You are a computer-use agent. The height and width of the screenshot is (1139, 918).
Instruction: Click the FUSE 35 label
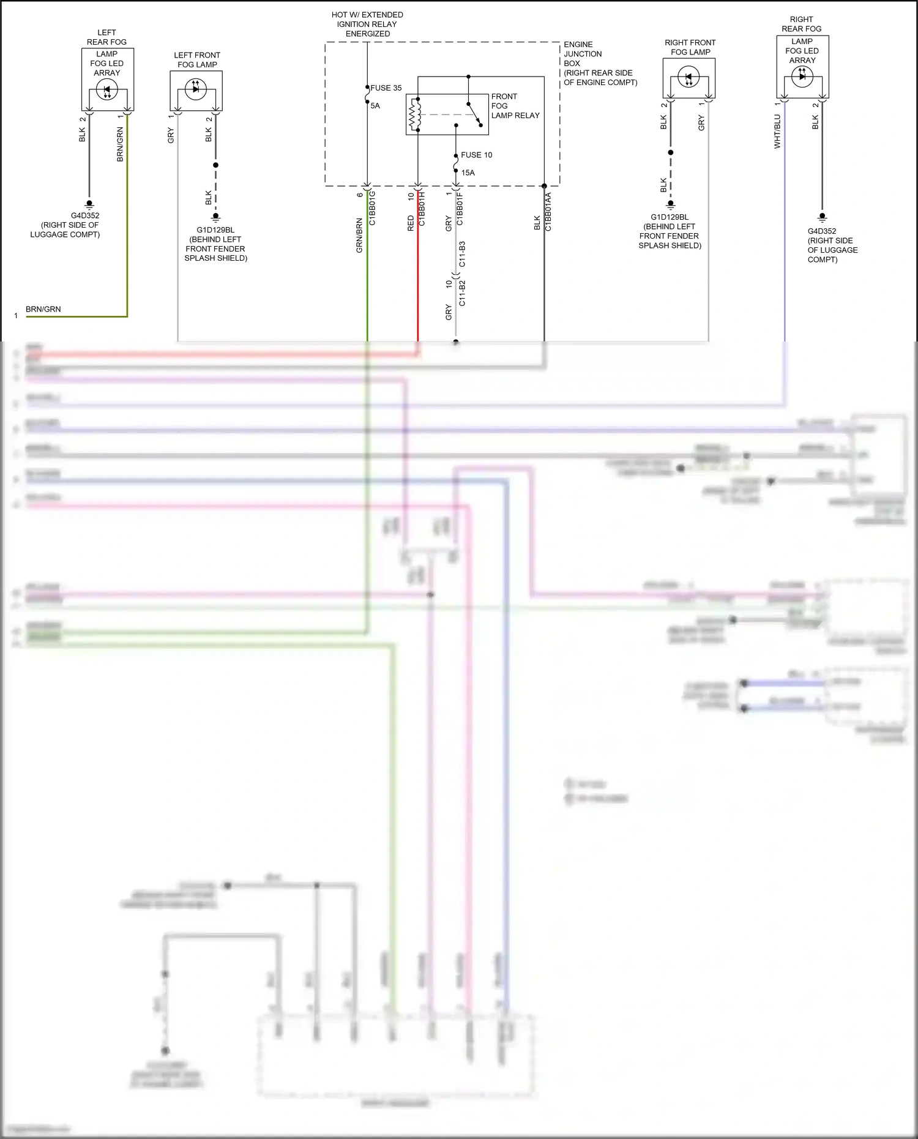pyautogui.click(x=386, y=88)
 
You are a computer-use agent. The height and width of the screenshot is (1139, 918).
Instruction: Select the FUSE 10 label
pyautogui.click(x=476, y=155)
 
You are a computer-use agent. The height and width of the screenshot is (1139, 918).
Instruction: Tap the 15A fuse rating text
pyautogui.click(x=468, y=173)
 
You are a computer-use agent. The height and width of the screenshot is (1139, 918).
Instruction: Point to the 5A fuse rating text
pyautogui.click(x=375, y=106)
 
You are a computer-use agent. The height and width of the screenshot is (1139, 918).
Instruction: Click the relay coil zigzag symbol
pyautogui.click(x=413, y=114)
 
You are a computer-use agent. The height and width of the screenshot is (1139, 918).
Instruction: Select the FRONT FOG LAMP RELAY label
pyautogui.click(x=515, y=106)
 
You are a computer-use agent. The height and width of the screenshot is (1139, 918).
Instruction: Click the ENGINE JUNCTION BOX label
pyautogui.click(x=600, y=63)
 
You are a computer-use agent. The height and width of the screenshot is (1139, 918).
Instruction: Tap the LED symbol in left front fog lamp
pyautogui.click(x=196, y=89)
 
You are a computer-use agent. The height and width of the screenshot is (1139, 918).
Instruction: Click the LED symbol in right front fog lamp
pyautogui.click(x=688, y=78)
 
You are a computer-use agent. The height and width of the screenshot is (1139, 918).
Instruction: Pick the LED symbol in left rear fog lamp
pyautogui.click(x=107, y=91)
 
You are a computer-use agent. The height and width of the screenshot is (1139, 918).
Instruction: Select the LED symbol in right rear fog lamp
pyautogui.click(x=802, y=76)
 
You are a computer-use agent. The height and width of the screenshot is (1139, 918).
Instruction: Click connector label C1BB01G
pyautogui.click(x=372, y=208)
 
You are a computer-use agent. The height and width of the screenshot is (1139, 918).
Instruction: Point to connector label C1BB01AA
pyautogui.click(x=548, y=212)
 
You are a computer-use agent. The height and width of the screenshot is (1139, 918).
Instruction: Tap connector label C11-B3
pyautogui.click(x=462, y=254)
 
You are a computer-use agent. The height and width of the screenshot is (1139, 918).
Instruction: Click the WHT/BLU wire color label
pyautogui.click(x=777, y=132)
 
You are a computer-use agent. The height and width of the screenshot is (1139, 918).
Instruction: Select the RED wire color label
pyautogui.click(x=411, y=223)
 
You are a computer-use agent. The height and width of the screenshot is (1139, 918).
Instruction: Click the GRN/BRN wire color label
pyautogui.click(x=359, y=236)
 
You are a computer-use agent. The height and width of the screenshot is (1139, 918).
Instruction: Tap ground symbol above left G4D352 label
pyautogui.click(x=89, y=204)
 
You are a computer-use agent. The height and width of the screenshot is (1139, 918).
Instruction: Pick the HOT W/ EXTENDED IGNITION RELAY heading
pyautogui.click(x=367, y=24)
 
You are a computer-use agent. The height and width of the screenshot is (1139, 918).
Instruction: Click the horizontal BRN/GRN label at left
pyautogui.click(x=43, y=309)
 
